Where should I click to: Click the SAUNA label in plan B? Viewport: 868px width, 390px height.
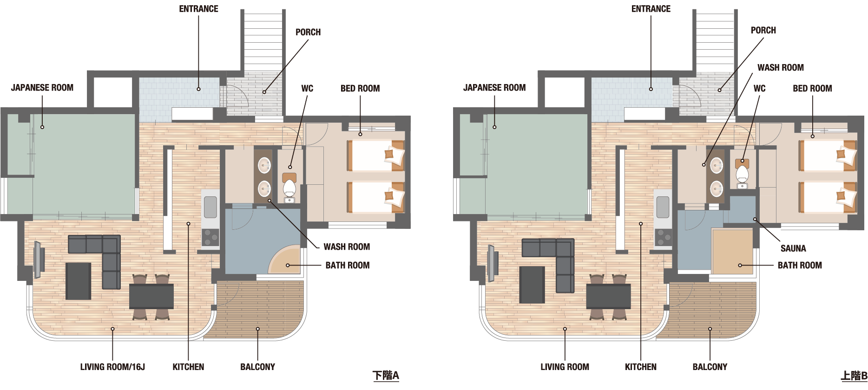click(x=793, y=248)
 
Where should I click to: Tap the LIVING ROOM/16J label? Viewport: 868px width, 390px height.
click(x=112, y=367)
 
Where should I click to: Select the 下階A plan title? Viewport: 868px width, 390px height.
click(x=386, y=376)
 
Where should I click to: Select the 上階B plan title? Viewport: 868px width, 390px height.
click(x=854, y=376)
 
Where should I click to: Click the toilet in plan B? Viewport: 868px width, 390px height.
click(x=742, y=174)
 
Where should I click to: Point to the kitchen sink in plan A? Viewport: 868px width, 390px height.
click(x=210, y=207)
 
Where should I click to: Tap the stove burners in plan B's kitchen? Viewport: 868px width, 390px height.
click(x=663, y=237)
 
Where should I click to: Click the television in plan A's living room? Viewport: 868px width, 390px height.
click(x=39, y=259)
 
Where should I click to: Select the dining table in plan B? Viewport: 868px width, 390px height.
click(x=609, y=296)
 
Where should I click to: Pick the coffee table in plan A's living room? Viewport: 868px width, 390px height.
click(x=78, y=281)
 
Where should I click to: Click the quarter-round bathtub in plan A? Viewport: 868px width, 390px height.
click(x=285, y=260)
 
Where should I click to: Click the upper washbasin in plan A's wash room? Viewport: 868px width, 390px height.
click(x=264, y=165)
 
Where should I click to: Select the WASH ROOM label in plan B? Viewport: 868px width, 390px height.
click(x=781, y=68)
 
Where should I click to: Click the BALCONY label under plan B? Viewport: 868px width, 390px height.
click(x=710, y=367)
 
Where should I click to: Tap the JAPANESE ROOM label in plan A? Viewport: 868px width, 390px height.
click(x=42, y=88)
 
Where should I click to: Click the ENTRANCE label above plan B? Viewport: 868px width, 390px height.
click(x=651, y=9)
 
